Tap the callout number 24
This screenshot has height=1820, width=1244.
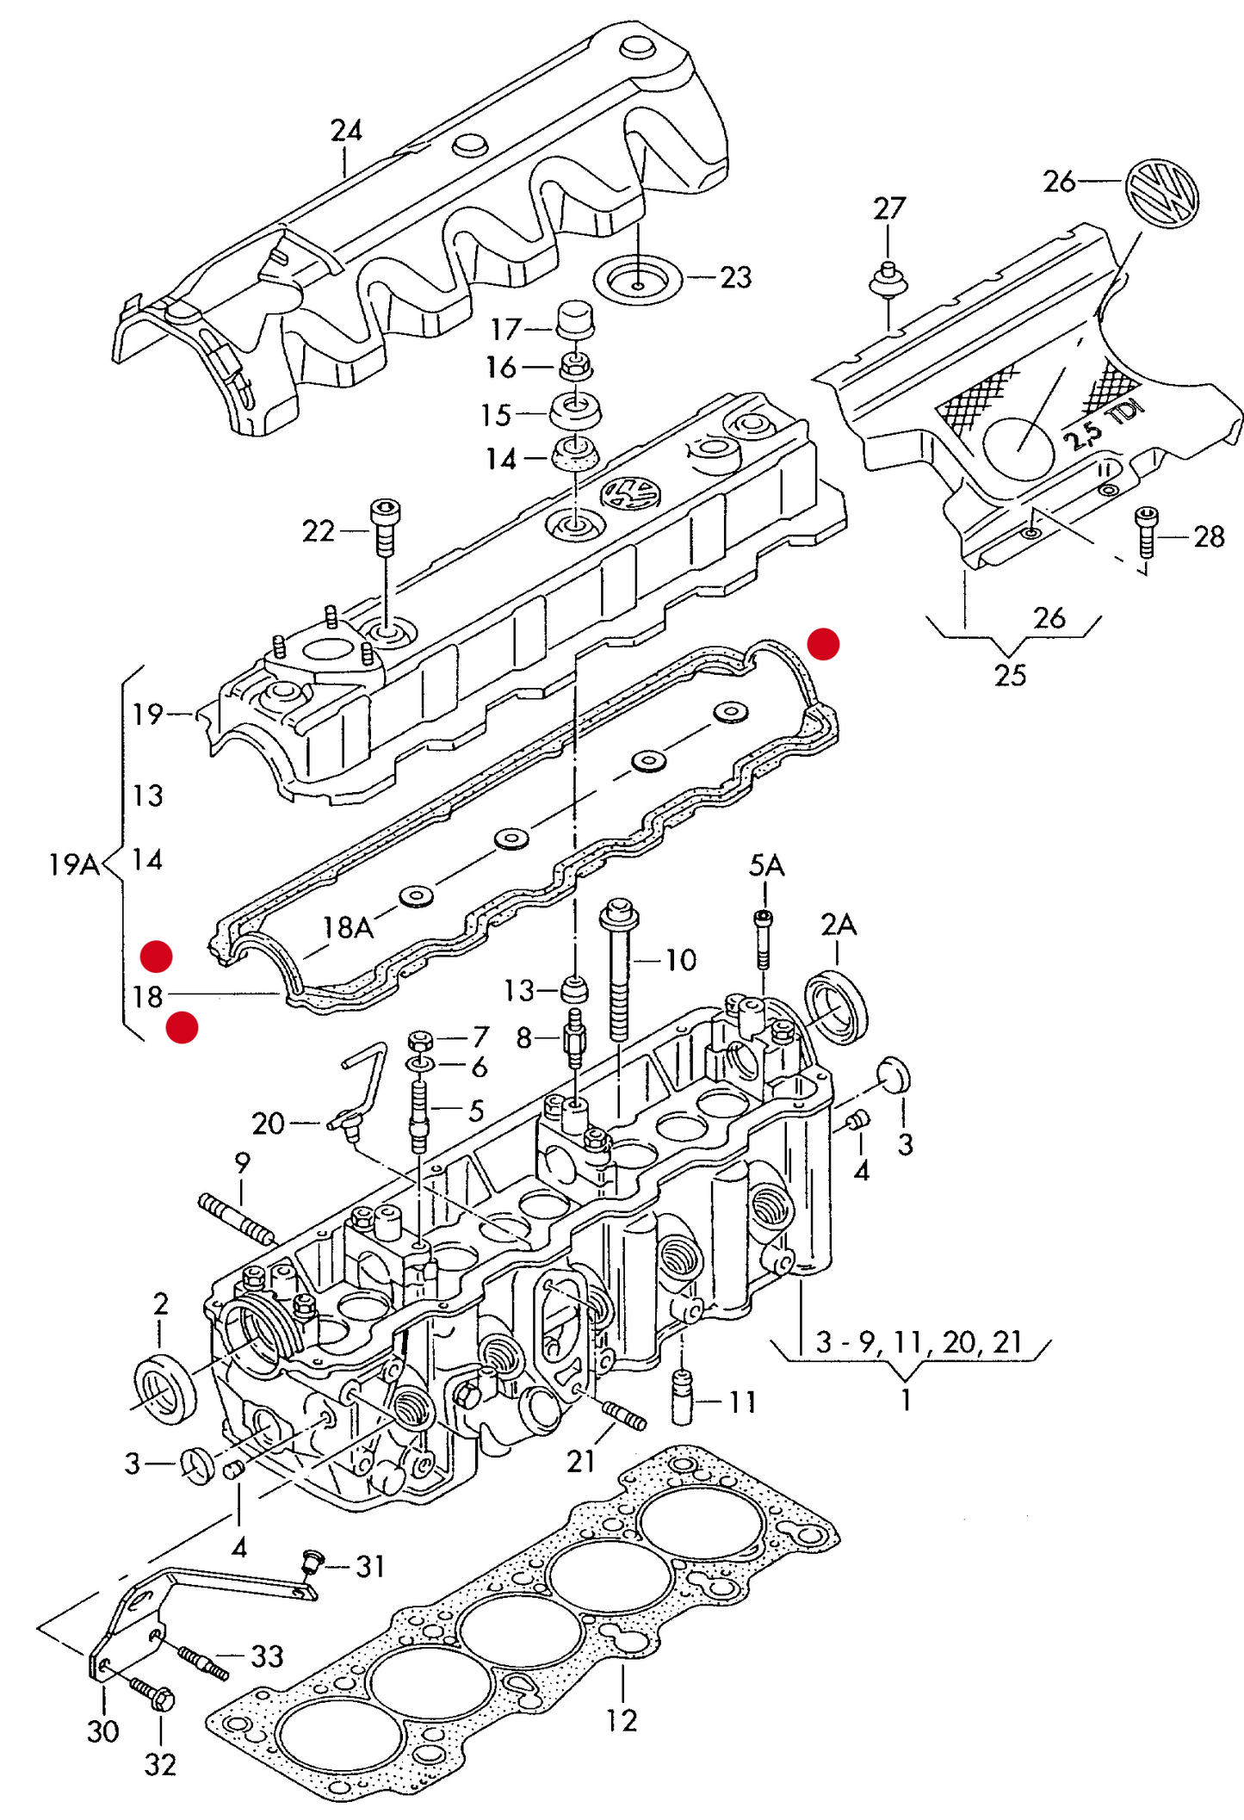point(346,130)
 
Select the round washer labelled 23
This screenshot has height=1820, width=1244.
point(638,280)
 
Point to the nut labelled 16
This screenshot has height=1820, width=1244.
point(574,367)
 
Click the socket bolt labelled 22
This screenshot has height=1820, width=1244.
point(384,525)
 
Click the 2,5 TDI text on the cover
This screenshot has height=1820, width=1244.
point(1103,425)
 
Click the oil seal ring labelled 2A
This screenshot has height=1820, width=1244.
point(836,1006)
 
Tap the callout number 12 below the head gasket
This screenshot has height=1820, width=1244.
point(621,1719)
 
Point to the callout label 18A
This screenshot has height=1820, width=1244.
point(348,927)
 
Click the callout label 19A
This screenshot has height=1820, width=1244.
point(74,864)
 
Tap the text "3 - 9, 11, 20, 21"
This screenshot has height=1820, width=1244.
point(919,1341)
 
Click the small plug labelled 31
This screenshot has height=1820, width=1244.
point(313,1560)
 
